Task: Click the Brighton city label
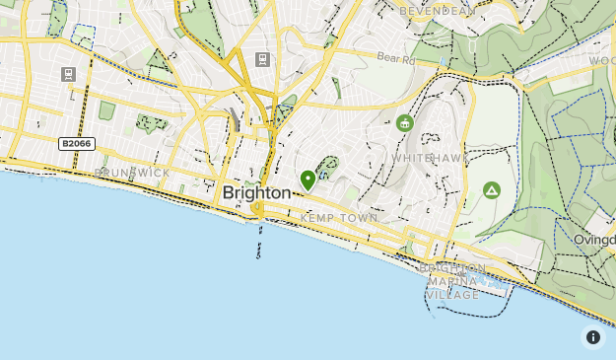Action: pos(256,192)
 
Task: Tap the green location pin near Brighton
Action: pos(308,180)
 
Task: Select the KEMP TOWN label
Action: pos(339,217)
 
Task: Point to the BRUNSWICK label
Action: pos(131,173)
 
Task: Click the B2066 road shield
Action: pos(76,144)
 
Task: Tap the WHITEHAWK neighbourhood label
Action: pos(425,158)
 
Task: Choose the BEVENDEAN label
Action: pos(437,10)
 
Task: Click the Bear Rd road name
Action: pos(396,59)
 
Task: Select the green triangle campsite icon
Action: pos(492,190)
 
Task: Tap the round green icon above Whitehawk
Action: pos(404,123)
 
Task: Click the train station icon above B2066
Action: pos(68,74)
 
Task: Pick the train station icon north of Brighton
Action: pos(261,59)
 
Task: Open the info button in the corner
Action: pos(593,337)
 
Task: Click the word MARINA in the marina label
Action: pos(452,281)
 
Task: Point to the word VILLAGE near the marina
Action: pos(452,294)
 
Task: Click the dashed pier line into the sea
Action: pos(259,237)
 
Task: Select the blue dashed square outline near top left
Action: pos(83,37)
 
